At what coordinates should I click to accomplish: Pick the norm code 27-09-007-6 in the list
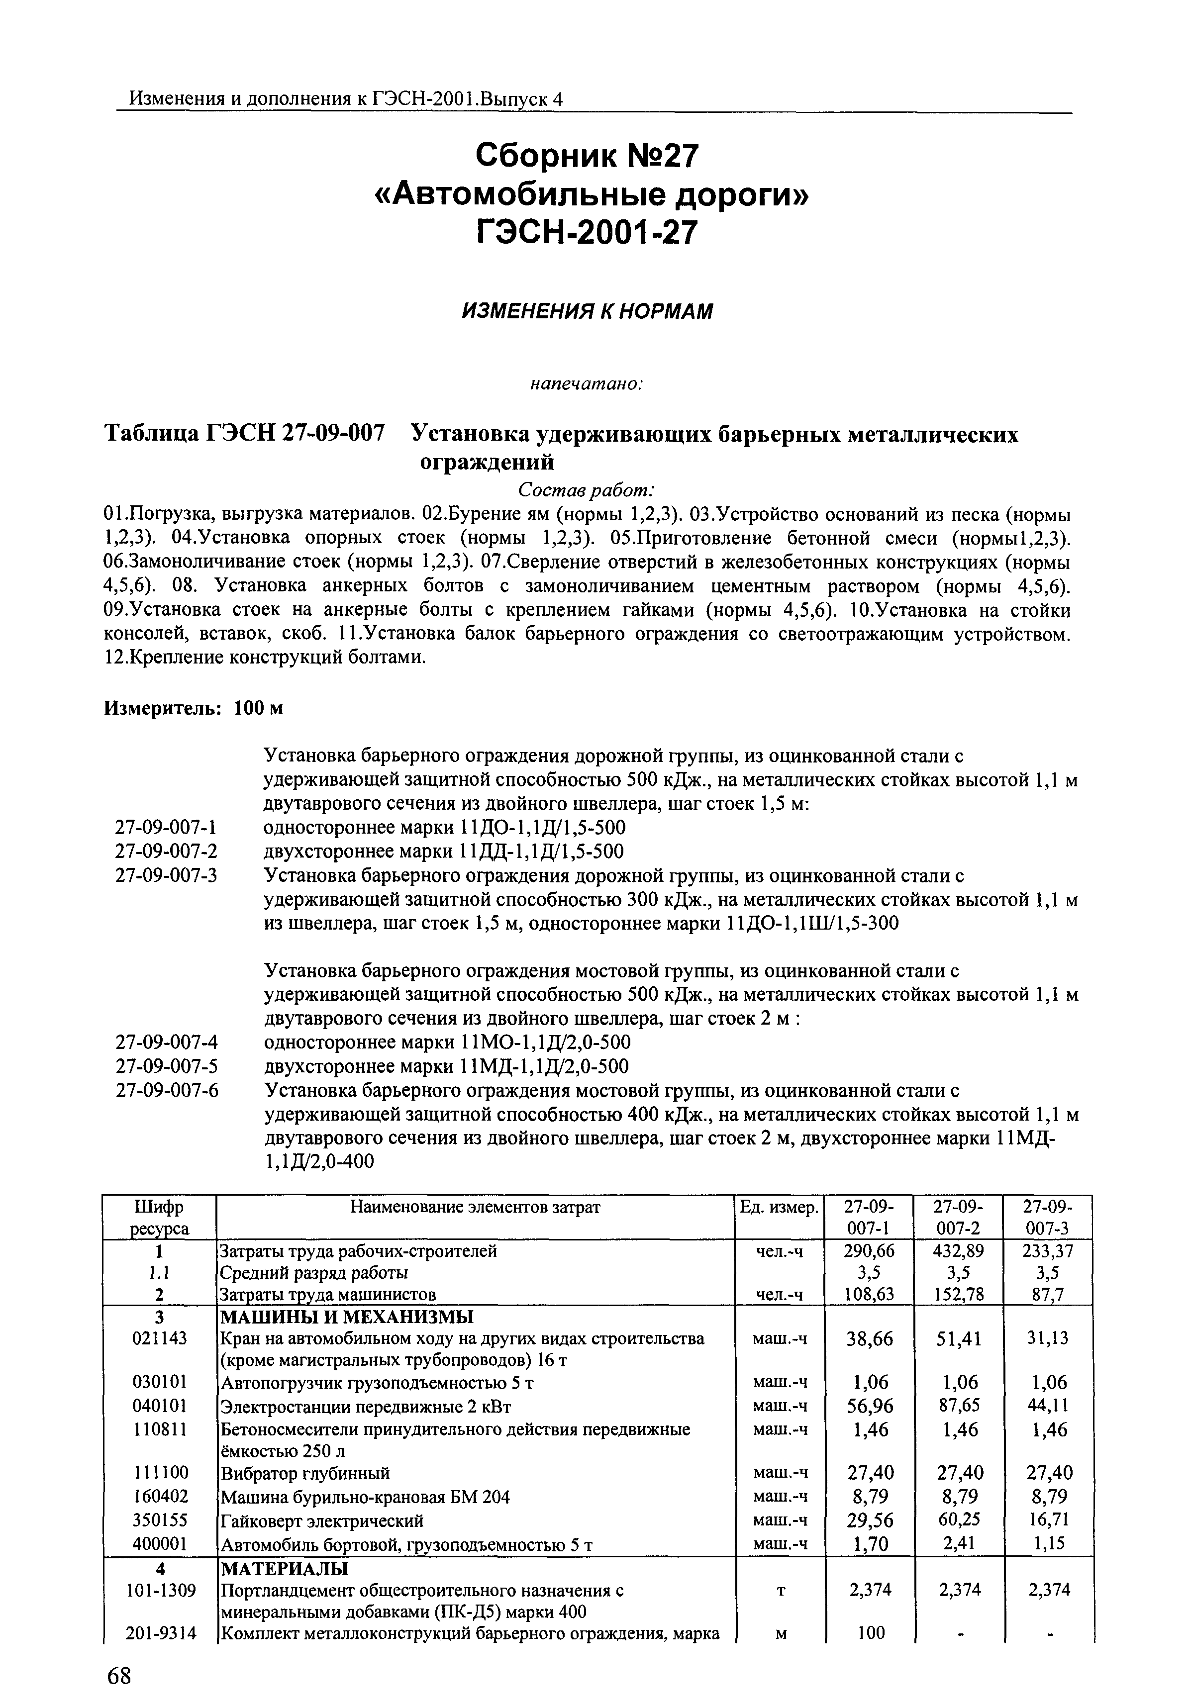(x=167, y=1091)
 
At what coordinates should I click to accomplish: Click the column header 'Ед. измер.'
(x=779, y=1208)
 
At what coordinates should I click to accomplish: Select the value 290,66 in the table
(x=869, y=1251)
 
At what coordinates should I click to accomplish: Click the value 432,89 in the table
(x=958, y=1251)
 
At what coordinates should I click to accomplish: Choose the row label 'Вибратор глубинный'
(x=305, y=1473)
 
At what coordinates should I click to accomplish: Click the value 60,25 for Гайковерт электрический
(x=958, y=1520)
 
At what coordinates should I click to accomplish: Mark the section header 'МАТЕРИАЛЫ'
(x=283, y=1569)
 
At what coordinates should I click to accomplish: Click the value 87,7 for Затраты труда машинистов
(x=1048, y=1294)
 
